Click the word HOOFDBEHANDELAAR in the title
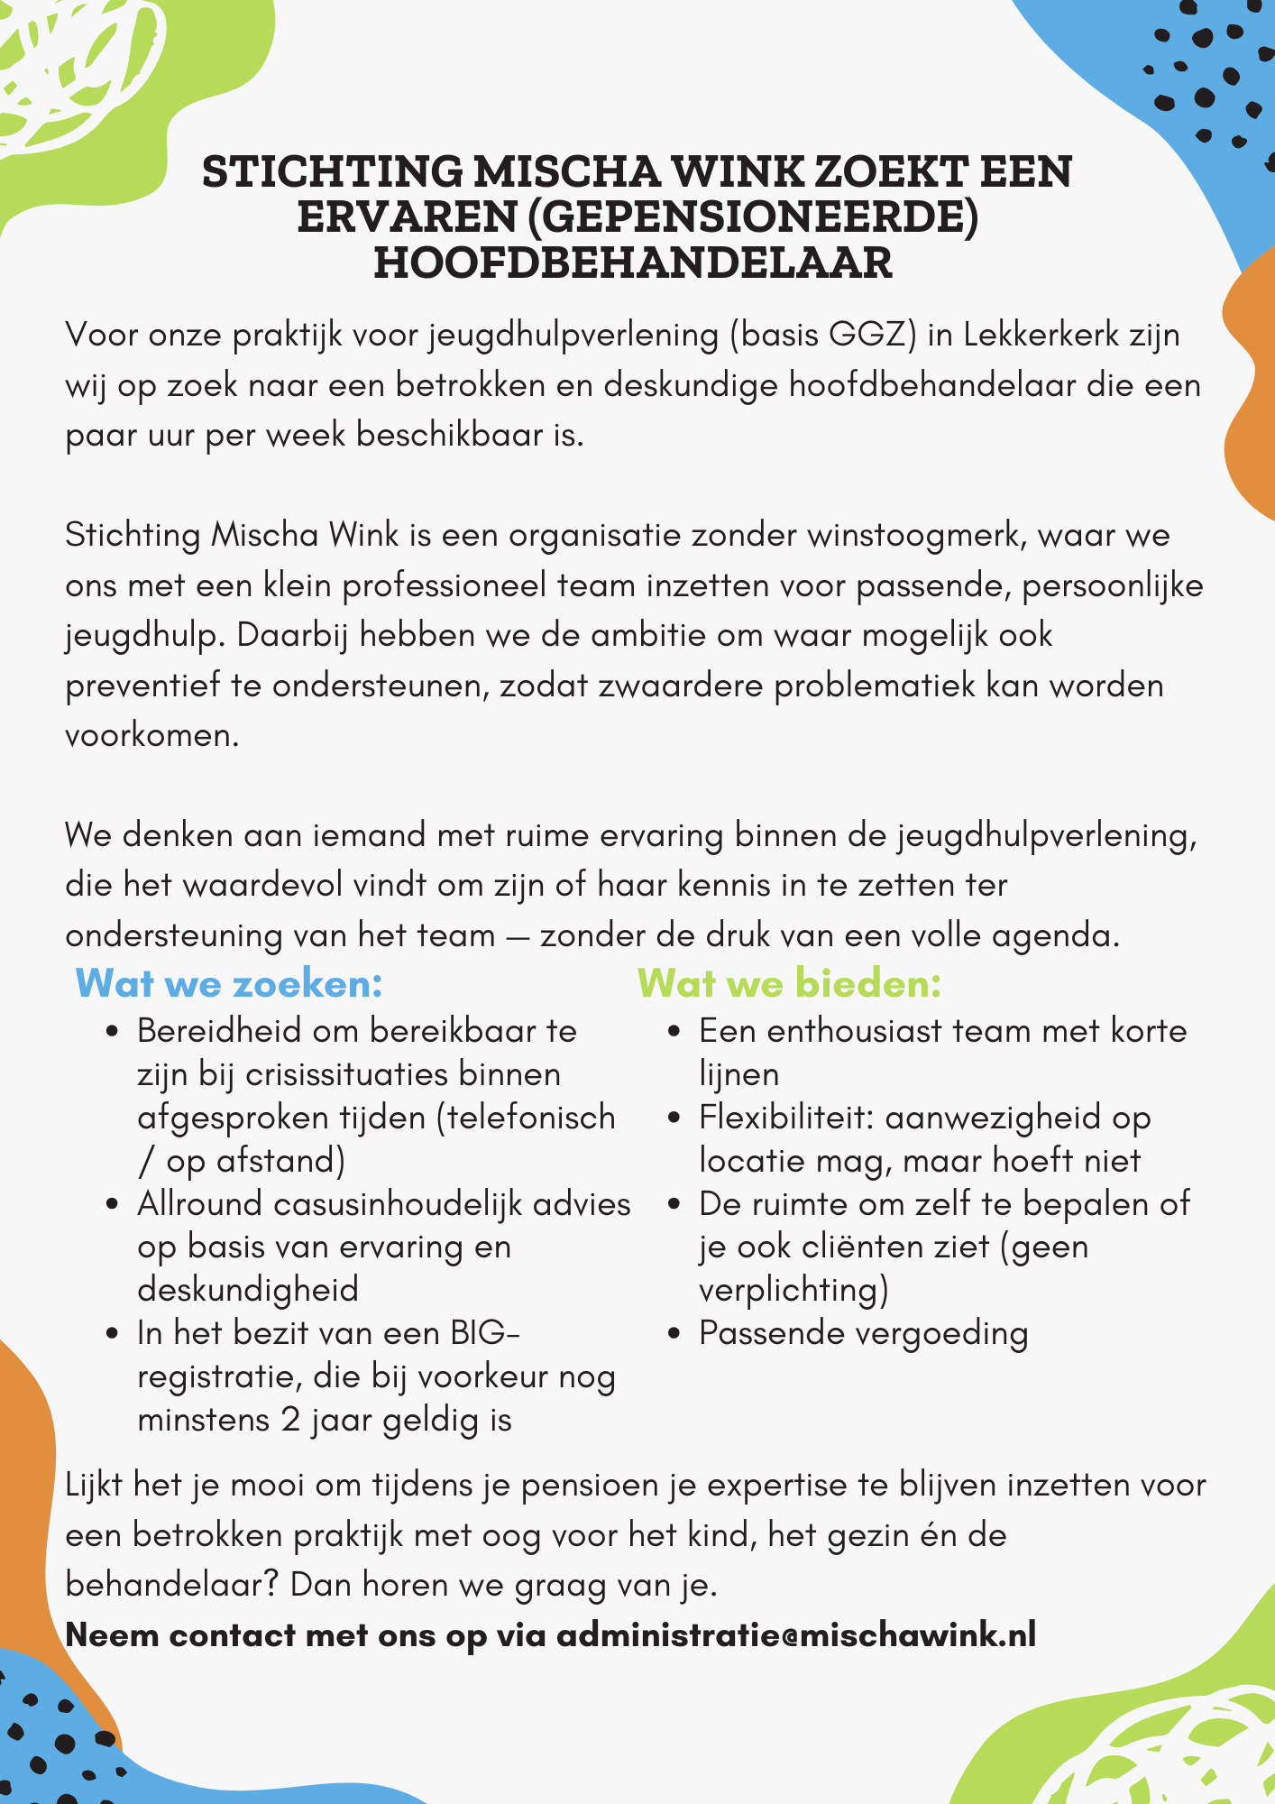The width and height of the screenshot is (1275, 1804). (633, 263)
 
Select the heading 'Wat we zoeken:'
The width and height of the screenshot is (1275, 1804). (230, 983)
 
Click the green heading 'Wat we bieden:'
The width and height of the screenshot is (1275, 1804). (789, 983)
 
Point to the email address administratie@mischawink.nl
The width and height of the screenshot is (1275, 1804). (796, 1634)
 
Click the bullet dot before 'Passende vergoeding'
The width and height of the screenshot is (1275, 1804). (674, 1334)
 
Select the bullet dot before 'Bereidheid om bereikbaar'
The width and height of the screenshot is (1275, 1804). (113, 1031)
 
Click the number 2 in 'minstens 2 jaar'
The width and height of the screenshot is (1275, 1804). (290, 1420)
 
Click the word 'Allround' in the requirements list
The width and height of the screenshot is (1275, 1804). (199, 1204)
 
